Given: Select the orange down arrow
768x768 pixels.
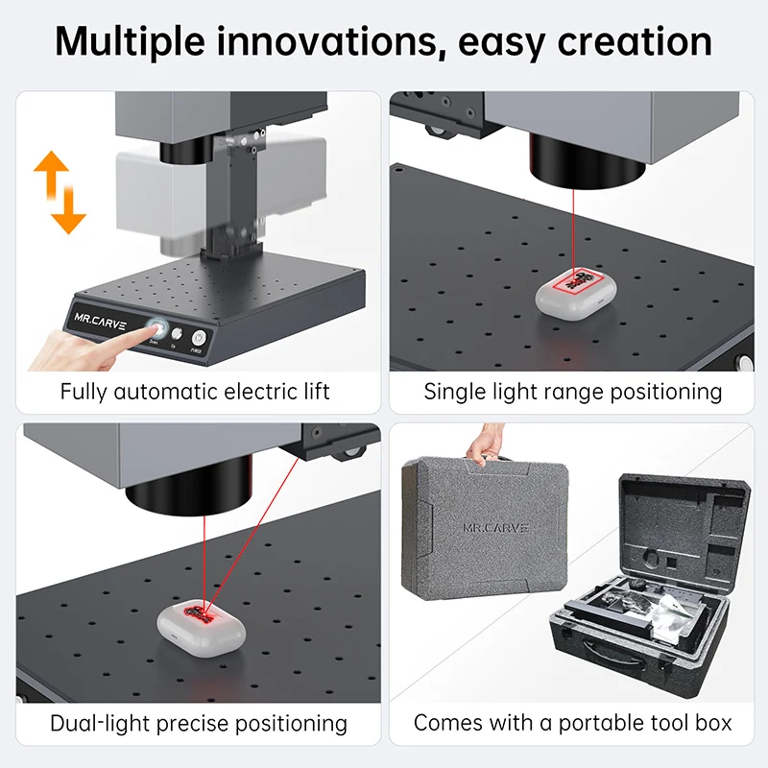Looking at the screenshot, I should click(x=68, y=206).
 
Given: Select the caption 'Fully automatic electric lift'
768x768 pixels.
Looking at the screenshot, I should click(x=195, y=392).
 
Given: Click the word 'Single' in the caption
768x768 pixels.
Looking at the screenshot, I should click(x=455, y=392).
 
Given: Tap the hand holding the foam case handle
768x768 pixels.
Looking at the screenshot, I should click(x=482, y=444).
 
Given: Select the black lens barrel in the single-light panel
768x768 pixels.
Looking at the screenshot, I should click(x=586, y=158).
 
